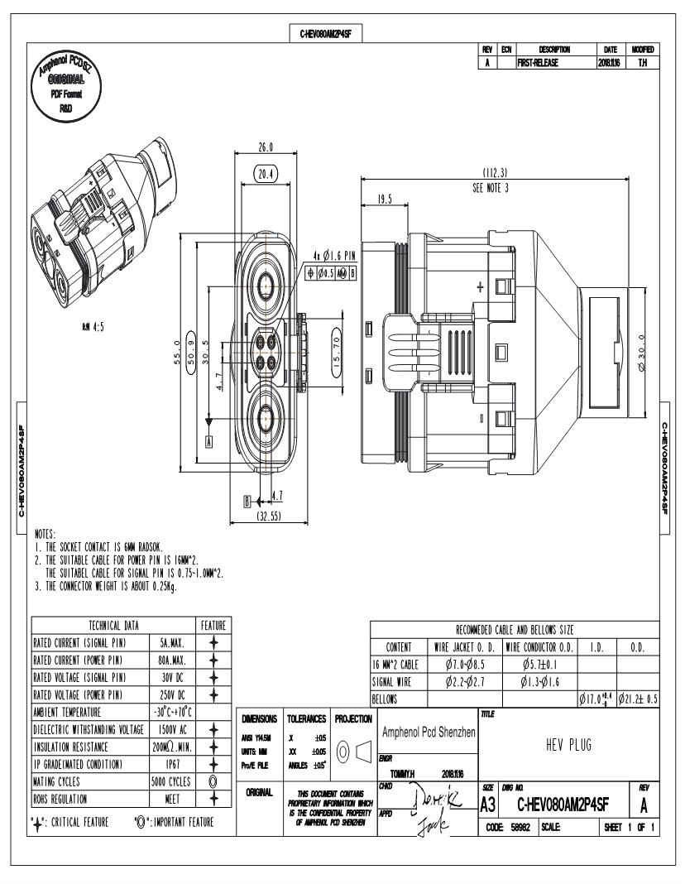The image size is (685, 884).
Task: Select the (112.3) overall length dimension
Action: click(495, 173)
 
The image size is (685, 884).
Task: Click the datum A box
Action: click(209, 441)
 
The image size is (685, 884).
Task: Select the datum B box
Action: click(247, 501)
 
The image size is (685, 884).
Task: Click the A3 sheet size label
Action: click(488, 803)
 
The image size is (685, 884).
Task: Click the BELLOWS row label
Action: click(385, 699)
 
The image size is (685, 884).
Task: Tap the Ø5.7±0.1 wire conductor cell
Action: click(539, 664)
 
